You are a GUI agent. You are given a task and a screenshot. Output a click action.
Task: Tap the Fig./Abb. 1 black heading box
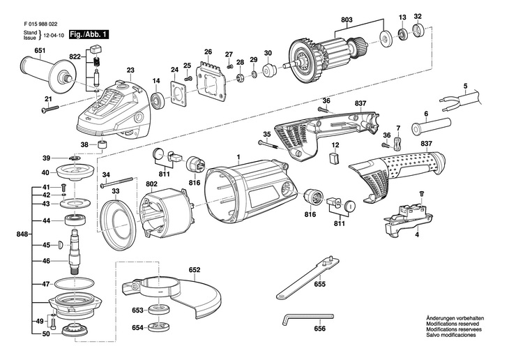[x=89, y=33]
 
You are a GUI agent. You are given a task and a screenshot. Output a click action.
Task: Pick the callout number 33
[x=115, y=191]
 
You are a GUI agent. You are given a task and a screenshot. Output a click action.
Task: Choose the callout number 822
[x=75, y=55]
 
